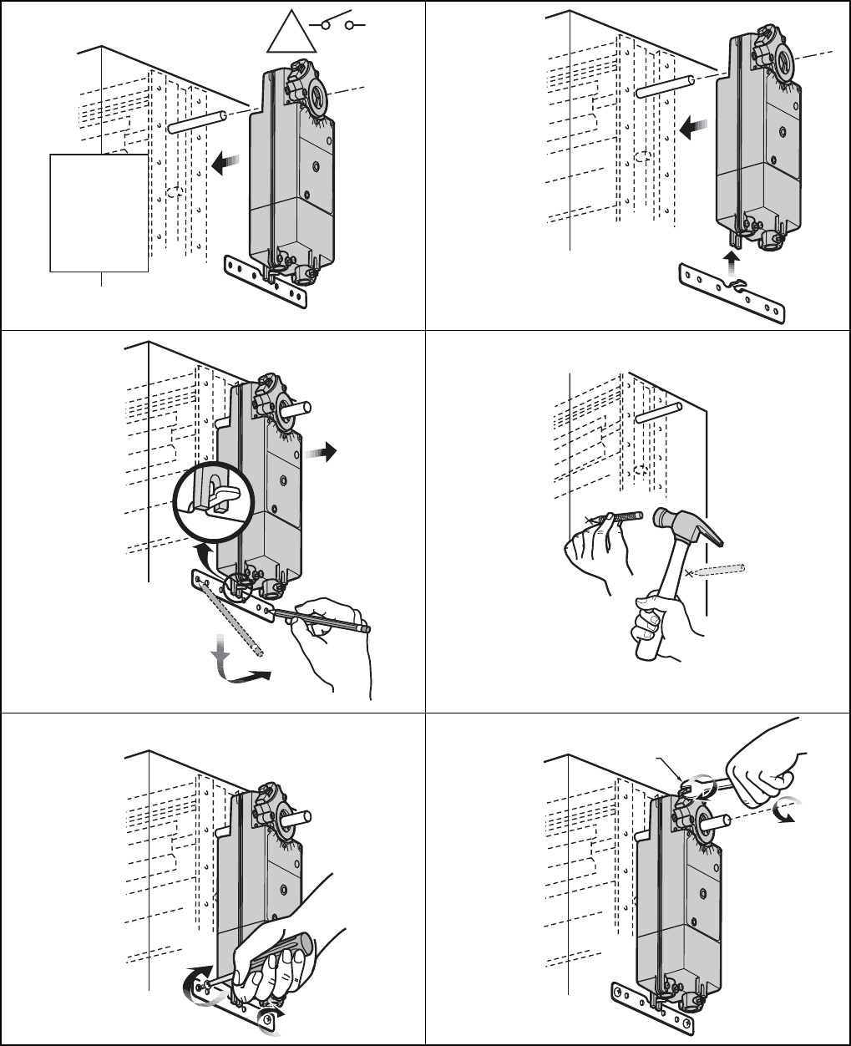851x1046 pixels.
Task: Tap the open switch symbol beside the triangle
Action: pos(338,26)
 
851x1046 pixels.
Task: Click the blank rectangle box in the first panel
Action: pos(99,212)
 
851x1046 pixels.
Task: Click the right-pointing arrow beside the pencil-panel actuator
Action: pos(321,452)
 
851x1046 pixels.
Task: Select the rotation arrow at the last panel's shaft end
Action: pos(786,810)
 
